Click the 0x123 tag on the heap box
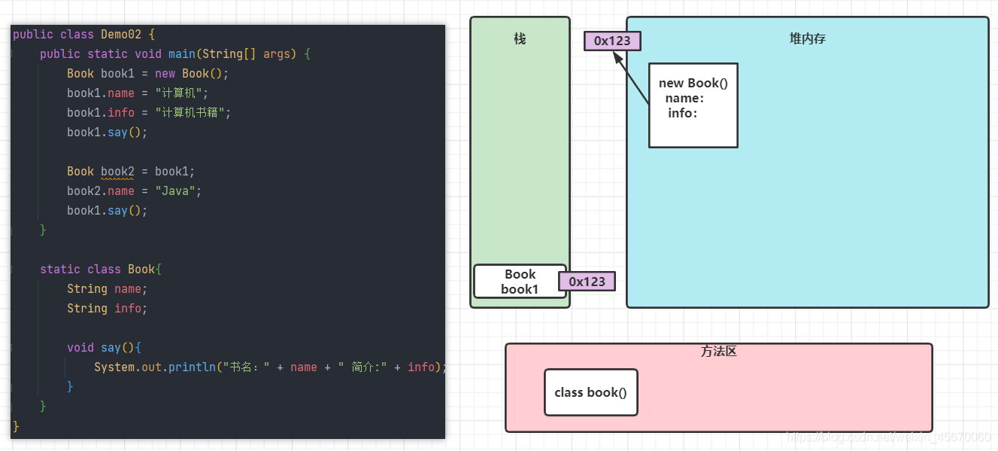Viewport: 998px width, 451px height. tap(612, 41)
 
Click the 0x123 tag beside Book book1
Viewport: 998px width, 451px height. tap(587, 282)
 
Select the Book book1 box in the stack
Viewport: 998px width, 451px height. tap(520, 281)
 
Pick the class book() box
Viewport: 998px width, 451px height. tap(590, 392)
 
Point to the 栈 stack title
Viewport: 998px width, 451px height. tap(520, 38)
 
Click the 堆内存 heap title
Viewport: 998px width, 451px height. tap(807, 38)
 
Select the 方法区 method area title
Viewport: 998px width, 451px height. tap(718, 352)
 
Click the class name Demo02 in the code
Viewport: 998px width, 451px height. tap(120, 35)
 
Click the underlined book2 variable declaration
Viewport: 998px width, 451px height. tap(117, 172)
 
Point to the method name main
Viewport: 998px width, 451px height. tap(182, 54)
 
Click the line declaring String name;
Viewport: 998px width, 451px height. tap(107, 289)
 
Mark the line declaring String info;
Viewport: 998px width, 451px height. tap(107, 309)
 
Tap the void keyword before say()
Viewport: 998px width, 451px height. tap(80, 348)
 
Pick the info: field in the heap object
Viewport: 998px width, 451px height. tap(683, 113)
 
